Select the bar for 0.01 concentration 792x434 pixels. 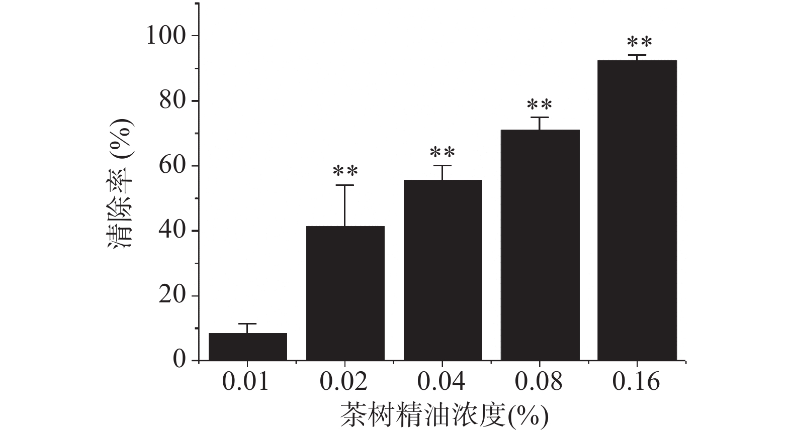(247, 347)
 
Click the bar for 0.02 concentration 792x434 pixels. (345, 293)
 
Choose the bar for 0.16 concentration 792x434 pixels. (637, 210)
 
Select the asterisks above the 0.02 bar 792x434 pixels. (345, 172)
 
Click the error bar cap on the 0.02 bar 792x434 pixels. (345, 185)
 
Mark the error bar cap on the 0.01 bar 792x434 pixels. (247, 324)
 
